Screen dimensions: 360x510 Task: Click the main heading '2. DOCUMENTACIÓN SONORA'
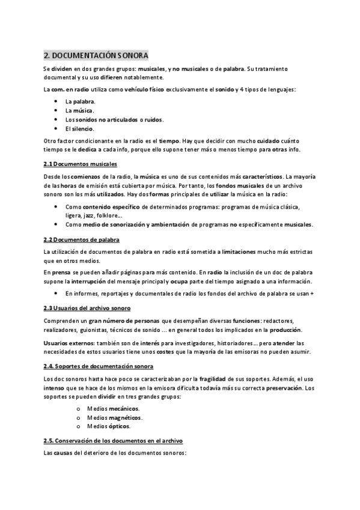click(96, 55)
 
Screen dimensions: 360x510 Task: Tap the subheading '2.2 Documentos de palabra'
click(82, 239)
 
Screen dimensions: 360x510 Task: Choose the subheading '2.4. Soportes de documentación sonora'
click(99, 366)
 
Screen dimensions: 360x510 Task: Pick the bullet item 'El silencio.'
click(80, 128)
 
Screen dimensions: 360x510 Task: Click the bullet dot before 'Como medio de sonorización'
click(55, 224)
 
